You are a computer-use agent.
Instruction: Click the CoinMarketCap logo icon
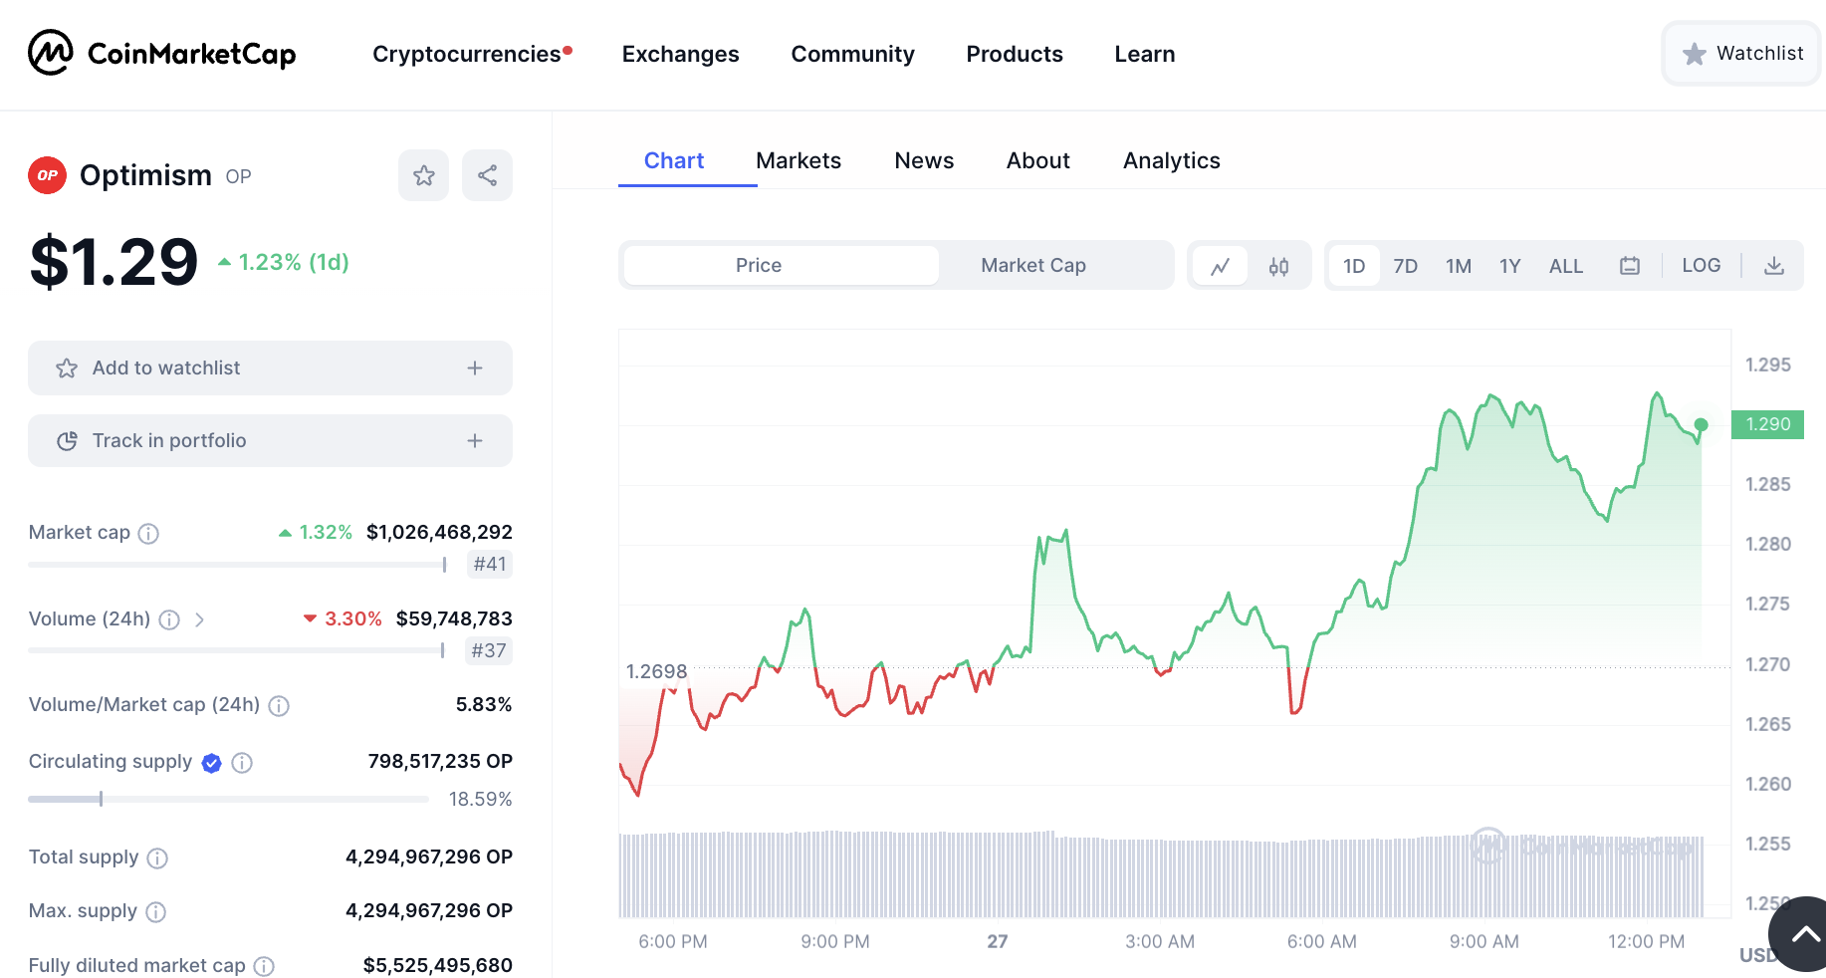50,53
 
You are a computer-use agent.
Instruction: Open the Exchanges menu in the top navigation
680,54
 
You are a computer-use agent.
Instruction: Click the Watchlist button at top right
1742,54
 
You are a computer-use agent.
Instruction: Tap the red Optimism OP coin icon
47,175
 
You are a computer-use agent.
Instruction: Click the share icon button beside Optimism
487,175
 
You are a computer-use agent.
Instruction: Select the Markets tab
798,160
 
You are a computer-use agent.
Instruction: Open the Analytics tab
1171,160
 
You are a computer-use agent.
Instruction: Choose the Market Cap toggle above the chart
1032,266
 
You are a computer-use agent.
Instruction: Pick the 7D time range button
1405,266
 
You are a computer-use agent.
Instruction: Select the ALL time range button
1565,266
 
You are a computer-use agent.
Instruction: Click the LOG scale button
1701,266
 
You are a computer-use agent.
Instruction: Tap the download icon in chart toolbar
1773,266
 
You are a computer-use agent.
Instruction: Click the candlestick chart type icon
1278,266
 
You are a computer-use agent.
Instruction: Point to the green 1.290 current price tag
1767,424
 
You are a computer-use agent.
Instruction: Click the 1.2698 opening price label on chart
656,671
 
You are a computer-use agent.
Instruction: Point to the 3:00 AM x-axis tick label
1159,941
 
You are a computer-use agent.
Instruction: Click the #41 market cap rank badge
489,565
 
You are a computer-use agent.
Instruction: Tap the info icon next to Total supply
157,857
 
